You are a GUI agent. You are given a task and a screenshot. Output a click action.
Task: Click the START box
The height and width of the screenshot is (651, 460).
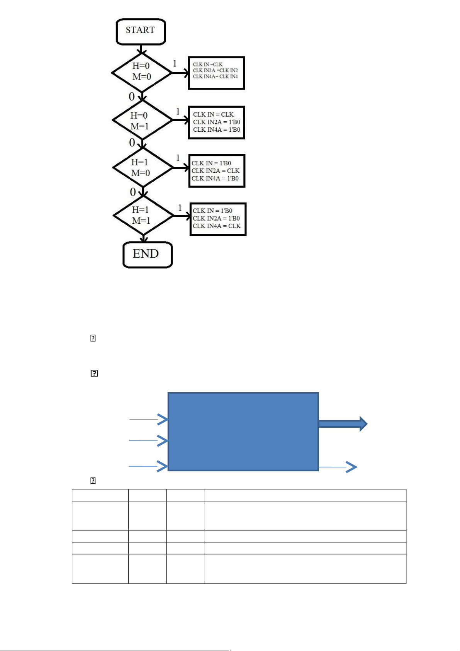(141, 31)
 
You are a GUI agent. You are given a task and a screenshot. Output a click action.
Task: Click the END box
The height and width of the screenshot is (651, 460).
(147, 254)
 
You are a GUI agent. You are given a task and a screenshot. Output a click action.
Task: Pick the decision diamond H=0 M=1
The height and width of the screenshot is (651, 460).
(142, 121)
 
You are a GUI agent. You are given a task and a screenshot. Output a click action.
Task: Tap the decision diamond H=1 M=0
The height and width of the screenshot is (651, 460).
(143, 168)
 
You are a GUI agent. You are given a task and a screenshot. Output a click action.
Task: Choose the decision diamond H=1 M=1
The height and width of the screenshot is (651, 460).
(143, 215)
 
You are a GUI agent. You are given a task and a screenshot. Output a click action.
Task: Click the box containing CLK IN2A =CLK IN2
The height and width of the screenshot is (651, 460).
(216, 73)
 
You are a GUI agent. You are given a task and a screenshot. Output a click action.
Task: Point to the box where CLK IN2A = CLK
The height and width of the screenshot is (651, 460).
(217, 171)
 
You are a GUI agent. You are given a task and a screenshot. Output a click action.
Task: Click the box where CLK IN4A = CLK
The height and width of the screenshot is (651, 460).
(218, 219)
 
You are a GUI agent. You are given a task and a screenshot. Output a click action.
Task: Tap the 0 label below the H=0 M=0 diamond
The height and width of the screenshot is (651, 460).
(132, 97)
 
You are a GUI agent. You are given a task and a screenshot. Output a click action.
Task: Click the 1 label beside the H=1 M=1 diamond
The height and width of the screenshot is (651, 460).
(180, 208)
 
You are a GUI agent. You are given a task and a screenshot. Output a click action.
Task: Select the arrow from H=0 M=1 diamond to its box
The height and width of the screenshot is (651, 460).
(180, 120)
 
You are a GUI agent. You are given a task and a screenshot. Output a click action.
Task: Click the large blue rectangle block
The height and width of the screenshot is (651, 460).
(243, 432)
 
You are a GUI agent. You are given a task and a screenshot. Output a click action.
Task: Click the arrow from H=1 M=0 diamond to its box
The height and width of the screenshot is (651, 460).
(181, 168)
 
